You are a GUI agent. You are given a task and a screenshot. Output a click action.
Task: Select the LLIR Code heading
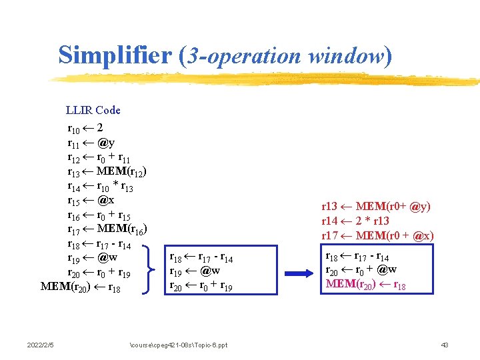pos(93,110)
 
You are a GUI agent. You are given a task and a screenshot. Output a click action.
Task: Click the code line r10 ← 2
pos(85,127)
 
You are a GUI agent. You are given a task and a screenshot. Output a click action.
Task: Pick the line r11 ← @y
pos(91,143)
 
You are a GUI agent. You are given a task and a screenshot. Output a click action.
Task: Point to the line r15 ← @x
pos(91,200)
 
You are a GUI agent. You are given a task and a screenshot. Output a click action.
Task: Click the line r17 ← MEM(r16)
pos(107,230)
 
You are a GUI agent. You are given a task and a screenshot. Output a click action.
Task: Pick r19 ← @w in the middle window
pos(195,271)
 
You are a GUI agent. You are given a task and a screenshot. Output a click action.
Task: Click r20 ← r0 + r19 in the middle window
pos(201,286)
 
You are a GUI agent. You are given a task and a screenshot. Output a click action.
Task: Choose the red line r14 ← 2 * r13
pos(355,221)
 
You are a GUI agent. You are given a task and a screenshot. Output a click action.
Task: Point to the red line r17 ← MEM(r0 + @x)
pos(377,235)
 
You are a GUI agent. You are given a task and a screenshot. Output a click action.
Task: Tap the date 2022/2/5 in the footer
pos(41,345)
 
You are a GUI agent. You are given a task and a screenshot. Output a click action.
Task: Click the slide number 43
pos(445,345)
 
